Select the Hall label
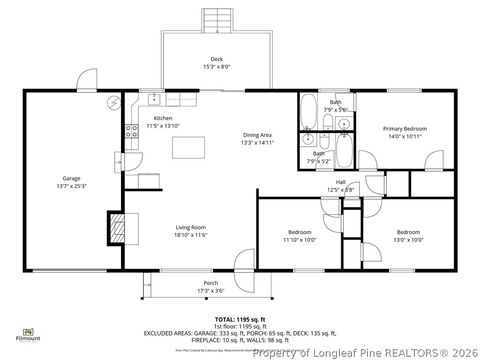pyautogui.click(x=340, y=182)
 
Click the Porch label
pyautogui.click(x=210, y=283)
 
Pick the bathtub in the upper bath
pyautogui.click(x=308, y=113)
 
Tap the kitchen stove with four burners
pyautogui.click(x=129, y=131)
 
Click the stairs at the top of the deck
pyautogui.click(x=217, y=17)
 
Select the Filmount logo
pyautogui.click(x=32, y=332)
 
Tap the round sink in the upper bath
pyautogui.click(x=343, y=125)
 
